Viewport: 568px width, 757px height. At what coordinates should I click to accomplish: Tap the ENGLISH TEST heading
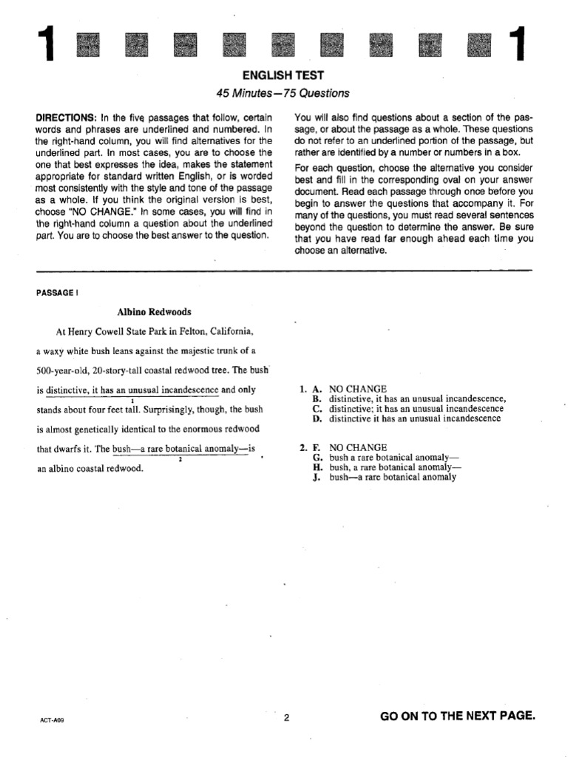tap(283, 75)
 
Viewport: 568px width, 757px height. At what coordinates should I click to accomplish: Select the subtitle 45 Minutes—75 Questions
tap(283, 93)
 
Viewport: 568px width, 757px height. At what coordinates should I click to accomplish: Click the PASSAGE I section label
tap(56, 292)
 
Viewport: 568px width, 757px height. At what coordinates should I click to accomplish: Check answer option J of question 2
tap(385, 478)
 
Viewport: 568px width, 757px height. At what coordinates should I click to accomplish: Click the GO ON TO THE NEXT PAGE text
tap(456, 716)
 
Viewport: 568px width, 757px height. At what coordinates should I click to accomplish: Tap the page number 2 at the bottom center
tap(285, 716)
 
